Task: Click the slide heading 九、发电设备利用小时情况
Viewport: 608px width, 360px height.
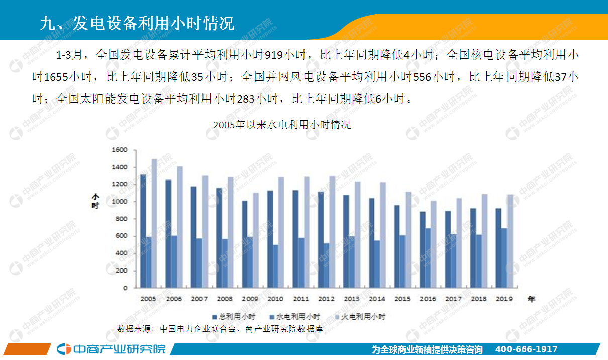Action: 137,23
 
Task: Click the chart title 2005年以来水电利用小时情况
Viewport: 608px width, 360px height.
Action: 282,125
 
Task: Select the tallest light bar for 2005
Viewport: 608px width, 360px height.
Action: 154,223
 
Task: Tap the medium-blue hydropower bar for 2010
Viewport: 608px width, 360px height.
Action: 275,266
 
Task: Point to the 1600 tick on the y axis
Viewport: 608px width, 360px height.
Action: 121,150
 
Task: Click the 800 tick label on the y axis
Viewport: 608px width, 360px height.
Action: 122,219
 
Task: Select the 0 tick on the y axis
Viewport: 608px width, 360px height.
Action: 126,288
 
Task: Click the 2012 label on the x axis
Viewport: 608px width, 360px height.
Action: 326,299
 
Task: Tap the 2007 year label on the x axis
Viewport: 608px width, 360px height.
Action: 199,299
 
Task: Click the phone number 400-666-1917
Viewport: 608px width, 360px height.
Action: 526,349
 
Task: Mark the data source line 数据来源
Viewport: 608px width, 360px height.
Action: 220,329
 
